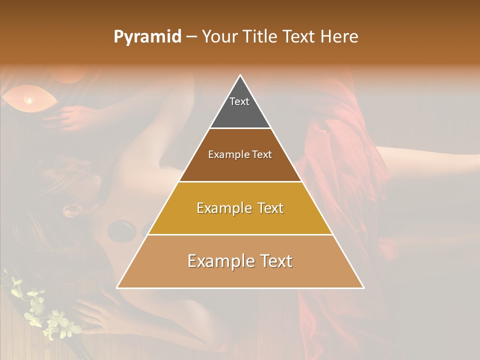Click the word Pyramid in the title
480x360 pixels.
coord(147,37)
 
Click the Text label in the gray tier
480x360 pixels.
coord(239,101)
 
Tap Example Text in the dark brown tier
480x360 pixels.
coord(240,154)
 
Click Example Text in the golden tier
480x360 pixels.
coord(240,208)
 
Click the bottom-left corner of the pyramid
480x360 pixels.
coord(117,287)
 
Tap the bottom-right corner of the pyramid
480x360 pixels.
coord(363,287)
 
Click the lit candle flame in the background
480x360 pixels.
coord(29,100)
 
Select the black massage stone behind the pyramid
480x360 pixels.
coord(121,229)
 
